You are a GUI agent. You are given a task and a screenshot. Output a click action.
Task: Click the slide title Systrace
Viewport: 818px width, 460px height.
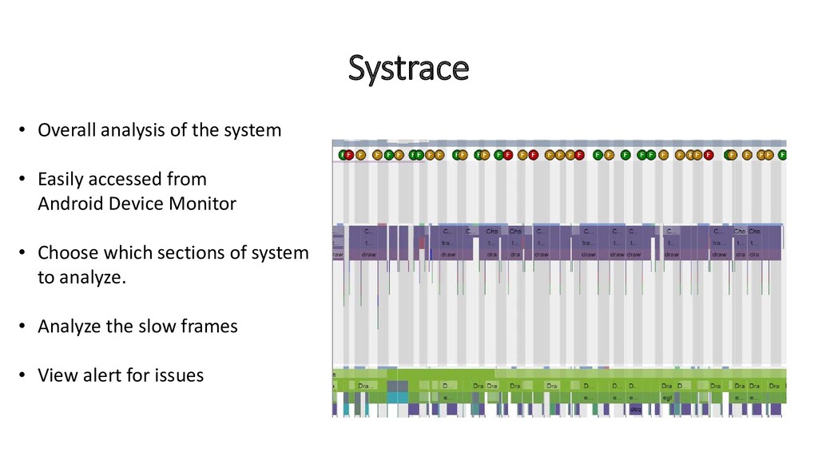pos(408,69)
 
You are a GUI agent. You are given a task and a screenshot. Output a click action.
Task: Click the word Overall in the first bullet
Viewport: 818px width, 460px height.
pos(67,129)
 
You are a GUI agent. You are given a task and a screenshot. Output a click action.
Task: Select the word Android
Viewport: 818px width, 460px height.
pos(71,203)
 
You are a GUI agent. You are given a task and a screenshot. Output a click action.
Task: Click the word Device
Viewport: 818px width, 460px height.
pos(136,203)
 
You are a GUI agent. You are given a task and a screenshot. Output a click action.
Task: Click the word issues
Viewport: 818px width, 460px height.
pos(180,375)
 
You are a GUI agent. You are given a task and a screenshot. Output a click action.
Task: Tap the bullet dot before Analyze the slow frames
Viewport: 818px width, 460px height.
pos(22,327)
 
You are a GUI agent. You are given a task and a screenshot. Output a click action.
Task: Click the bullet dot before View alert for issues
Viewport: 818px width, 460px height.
pos(22,375)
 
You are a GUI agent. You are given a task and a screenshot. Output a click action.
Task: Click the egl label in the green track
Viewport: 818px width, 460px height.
pos(667,397)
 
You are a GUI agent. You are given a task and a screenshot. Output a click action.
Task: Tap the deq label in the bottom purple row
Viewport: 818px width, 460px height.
pos(636,409)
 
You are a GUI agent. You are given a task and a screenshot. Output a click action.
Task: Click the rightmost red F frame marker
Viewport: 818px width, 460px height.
pos(708,155)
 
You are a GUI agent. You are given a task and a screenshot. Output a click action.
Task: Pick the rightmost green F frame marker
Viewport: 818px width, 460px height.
pos(782,155)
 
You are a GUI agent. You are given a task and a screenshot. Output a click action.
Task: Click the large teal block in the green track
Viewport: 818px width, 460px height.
pos(397,397)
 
